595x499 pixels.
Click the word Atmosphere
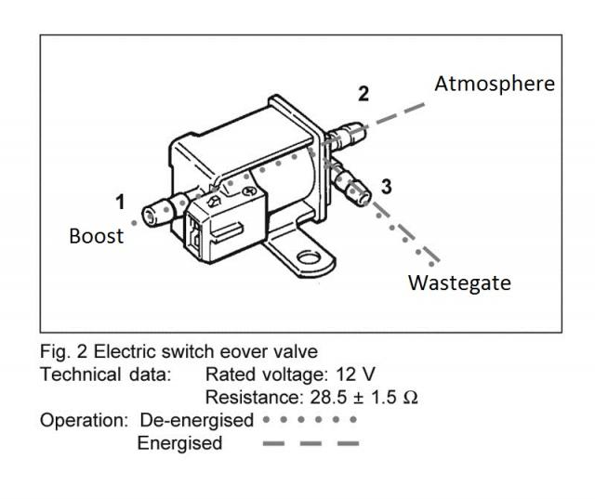[494, 84]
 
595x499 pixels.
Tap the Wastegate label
[459, 282]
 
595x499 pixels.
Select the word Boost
[96, 235]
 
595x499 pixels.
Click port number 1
[119, 201]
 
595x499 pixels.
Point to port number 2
[364, 94]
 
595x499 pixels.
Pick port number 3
[387, 186]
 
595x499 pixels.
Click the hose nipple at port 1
[158, 215]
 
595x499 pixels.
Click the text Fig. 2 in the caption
[61, 352]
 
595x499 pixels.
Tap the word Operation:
[84, 420]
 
